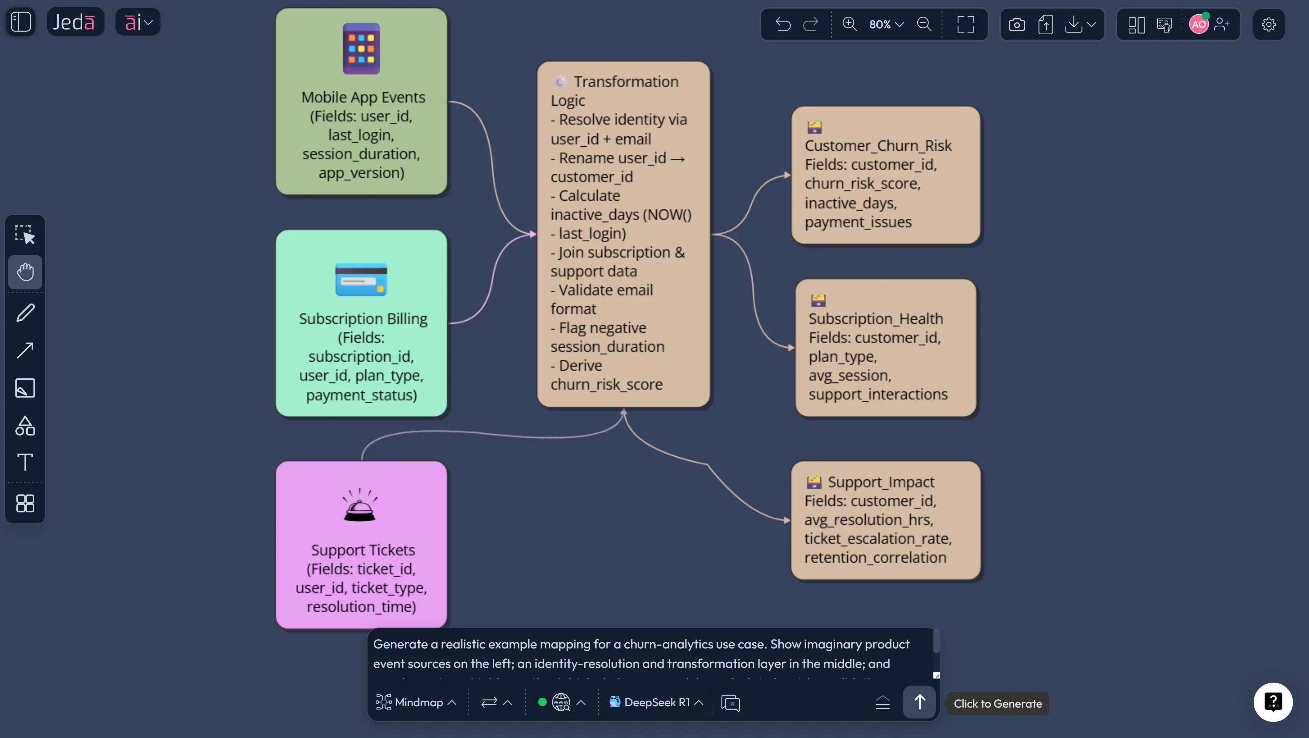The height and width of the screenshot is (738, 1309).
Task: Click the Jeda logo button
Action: [x=75, y=22]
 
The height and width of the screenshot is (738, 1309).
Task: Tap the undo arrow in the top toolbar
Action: [x=782, y=24]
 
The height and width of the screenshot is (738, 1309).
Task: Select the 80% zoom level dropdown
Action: [x=886, y=24]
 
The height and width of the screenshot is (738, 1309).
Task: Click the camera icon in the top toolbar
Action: [x=1016, y=24]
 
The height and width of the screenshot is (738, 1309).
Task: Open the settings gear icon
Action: [x=1268, y=24]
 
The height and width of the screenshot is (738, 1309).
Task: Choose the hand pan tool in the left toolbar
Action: [x=25, y=272]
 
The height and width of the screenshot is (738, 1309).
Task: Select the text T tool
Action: [x=25, y=462]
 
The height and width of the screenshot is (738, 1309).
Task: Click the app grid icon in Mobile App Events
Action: [x=361, y=49]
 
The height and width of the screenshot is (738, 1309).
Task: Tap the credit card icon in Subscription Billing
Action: [x=361, y=279]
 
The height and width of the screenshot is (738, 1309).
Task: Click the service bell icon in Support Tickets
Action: [x=360, y=506]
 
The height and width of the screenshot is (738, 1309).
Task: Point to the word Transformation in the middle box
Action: [x=626, y=81]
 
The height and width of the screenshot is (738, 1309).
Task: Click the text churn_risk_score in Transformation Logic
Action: [x=606, y=385]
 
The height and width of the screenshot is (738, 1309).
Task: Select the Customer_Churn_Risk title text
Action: [x=878, y=146]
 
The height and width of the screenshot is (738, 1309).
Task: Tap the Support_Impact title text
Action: [x=881, y=482]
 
